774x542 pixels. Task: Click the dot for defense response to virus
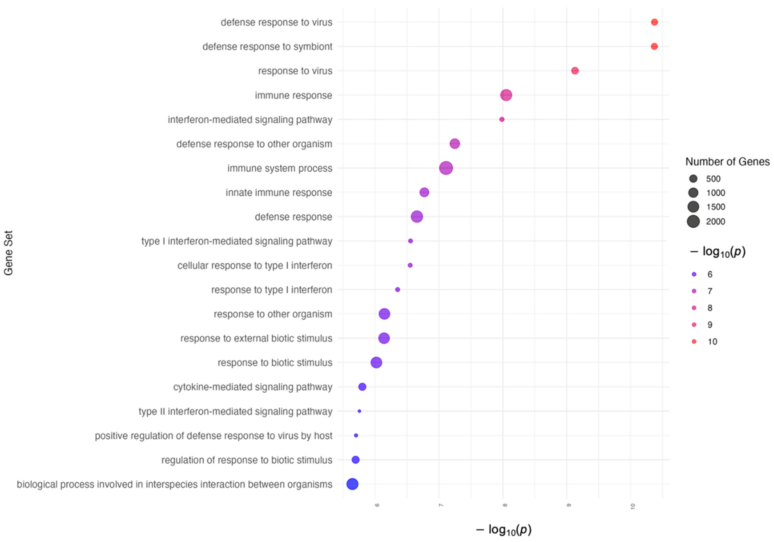tap(654, 22)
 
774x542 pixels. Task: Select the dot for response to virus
tap(575, 71)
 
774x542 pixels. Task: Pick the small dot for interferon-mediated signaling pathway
tap(502, 119)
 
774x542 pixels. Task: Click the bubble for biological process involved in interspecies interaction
tap(352, 484)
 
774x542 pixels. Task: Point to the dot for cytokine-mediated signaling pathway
tap(362, 387)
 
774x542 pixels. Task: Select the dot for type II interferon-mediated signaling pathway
tap(359, 411)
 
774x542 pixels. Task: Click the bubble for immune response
tap(506, 95)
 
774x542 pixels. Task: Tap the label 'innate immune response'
tap(278, 192)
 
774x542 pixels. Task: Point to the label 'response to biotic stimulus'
tap(275, 363)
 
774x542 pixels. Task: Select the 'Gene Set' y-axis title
tap(8, 253)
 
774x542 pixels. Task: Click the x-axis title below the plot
tap(504, 530)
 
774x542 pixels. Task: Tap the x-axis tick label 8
tap(505, 505)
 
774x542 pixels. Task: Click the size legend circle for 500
tap(693, 179)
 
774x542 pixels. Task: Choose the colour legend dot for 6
tap(694, 274)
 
